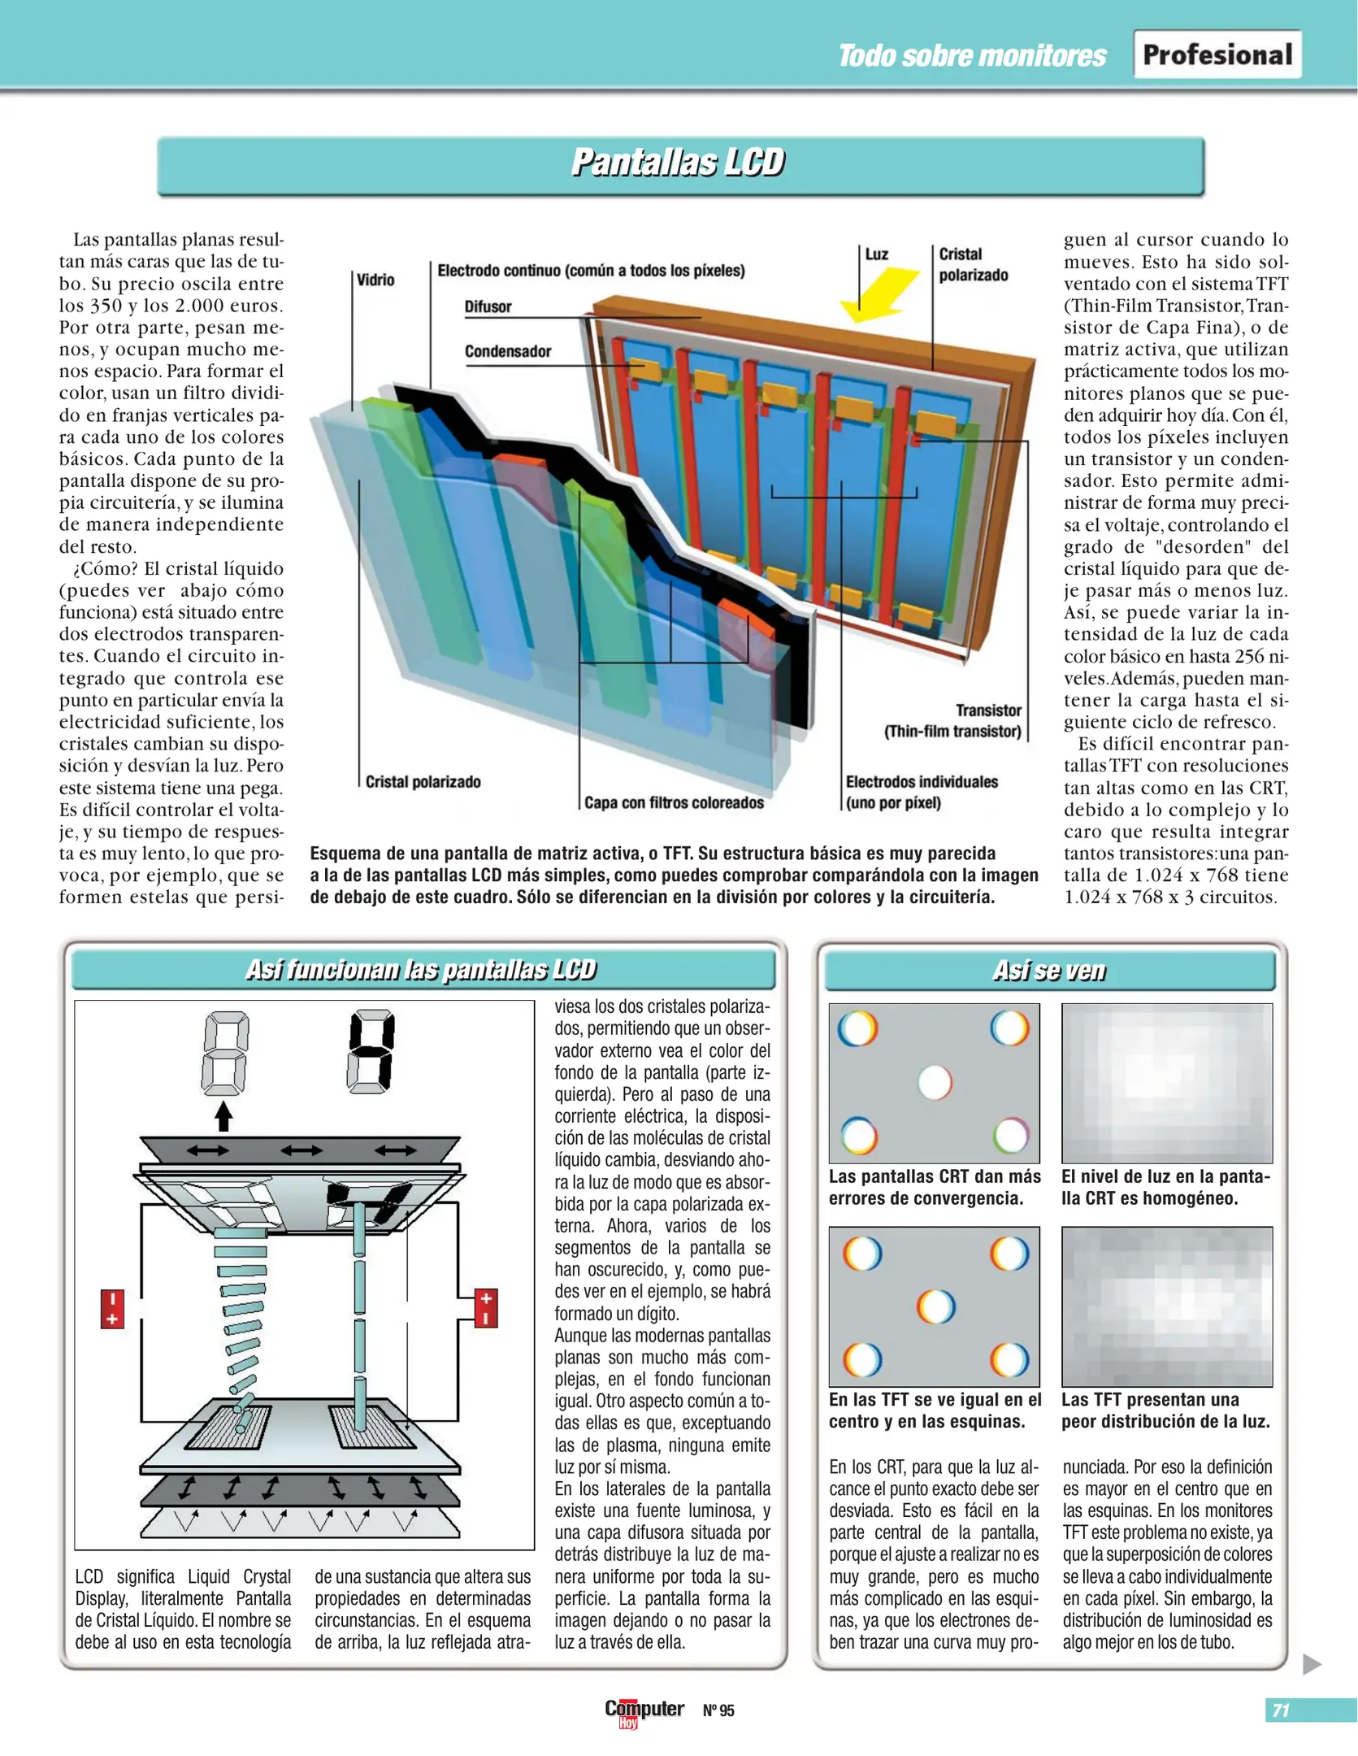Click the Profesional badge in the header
coord(1217,54)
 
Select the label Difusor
coord(488,306)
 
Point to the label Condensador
coord(507,351)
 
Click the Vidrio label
coord(375,280)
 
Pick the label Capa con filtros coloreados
coord(674,802)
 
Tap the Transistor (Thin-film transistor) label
coord(953,720)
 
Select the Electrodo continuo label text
coord(591,270)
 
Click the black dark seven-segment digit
coord(371,1050)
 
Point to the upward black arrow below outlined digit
coord(223,1115)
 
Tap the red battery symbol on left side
coord(112,1308)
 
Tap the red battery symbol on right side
coord(485,1307)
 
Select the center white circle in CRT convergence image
coord(935,1082)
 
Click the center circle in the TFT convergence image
coord(935,1306)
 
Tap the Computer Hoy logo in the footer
coord(644,1710)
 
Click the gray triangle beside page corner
coord(1311,1664)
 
